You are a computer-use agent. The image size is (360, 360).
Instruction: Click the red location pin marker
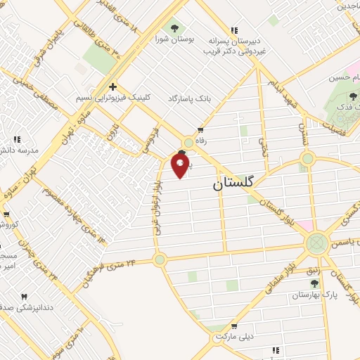[x=181, y=165]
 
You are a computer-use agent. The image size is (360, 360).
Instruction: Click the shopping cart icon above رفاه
[x=201, y=130]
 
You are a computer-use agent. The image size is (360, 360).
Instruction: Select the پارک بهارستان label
[x=315, y=295]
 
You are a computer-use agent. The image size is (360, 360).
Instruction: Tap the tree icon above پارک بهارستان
[x=314, y=283]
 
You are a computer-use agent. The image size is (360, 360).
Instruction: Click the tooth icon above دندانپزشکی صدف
[x=25, y=297]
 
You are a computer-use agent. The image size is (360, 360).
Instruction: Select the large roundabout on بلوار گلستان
[x=316, y=244]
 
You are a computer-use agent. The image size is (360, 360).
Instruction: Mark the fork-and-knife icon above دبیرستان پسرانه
[x=234, y=30]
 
